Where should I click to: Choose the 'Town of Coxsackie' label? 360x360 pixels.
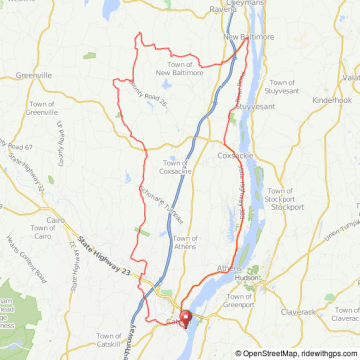[175, 167]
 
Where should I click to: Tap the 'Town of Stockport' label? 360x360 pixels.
[285, 199]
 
